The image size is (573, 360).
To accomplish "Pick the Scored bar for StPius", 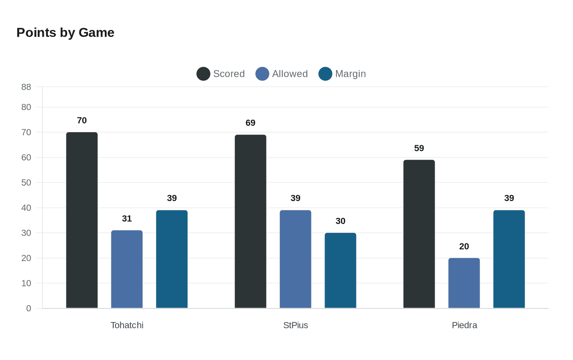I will pyautogui.click(x=250, y=221).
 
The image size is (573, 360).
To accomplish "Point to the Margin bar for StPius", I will pyautogui.click(x=341, y=270).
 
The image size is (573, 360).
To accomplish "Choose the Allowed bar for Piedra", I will pyautogui.click(x=464, y=283).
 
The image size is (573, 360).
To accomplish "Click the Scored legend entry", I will pyautogui.click(x=221, y=74).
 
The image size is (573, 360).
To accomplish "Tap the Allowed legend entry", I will pyautogui.click(x=282, y=74).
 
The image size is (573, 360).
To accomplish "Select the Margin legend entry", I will pyautogui.click(x=343, y=74).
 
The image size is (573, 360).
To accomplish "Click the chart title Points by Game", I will pyautogui.click(x=65, y=33).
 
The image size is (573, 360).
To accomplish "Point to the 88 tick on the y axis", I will pyautogui.click(x=26, y=87).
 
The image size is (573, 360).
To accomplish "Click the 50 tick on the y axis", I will pyautogui.click(x=26, y=182).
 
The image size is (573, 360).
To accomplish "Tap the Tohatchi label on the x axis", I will pyautogui.click(x=127, y=325).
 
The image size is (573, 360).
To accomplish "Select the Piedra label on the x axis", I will pyautogui.click(x=464, y=325).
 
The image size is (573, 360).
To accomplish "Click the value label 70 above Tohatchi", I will pyautogui.click(x=82, y=120).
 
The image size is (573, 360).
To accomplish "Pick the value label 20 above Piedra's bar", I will pyautogui.click(x=464, y=246).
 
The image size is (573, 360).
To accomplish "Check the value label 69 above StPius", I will pyautogui.click(x=250, y=123).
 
